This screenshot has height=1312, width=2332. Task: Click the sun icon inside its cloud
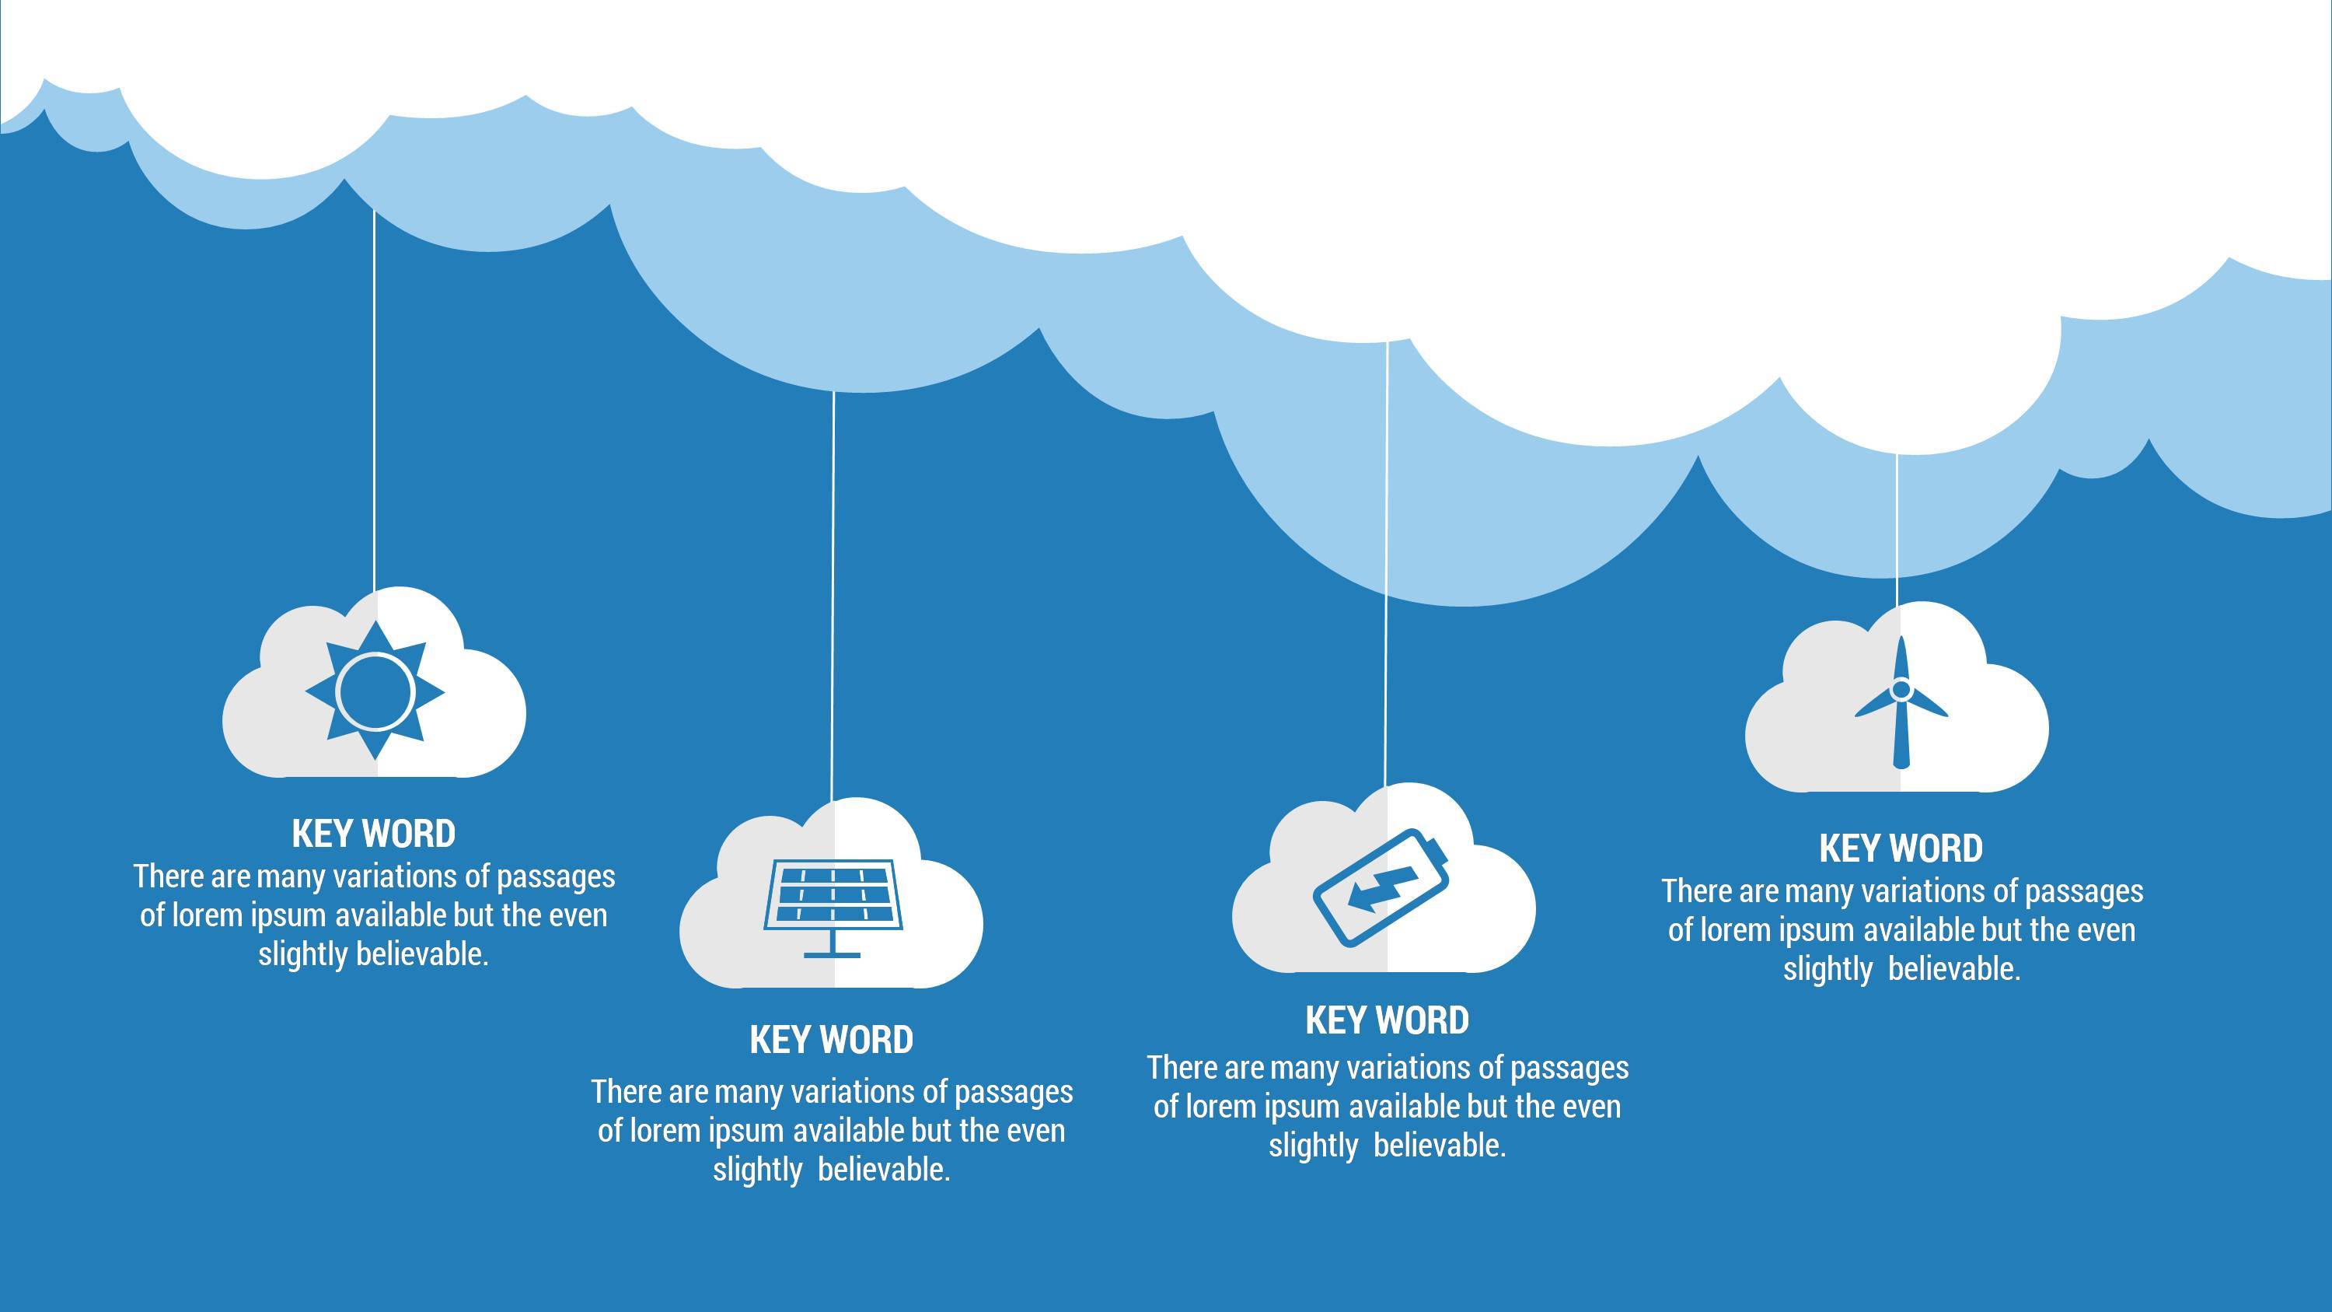[x=375, y=691]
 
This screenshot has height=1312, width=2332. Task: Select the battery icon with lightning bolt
[x=1381, y=887]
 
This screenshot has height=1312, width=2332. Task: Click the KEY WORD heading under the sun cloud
[x=374, y=834]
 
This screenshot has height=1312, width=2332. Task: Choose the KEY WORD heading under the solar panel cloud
[x=831, y=1040]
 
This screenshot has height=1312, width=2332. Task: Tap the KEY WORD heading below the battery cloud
[x=1387, y=1020]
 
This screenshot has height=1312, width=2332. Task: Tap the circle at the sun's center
[x=375, y=691]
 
